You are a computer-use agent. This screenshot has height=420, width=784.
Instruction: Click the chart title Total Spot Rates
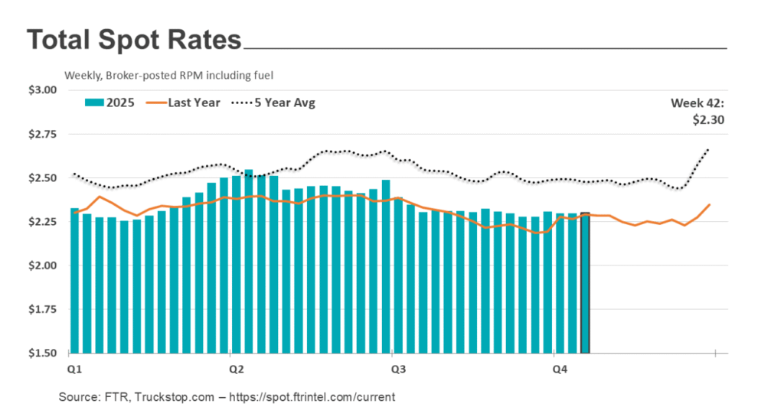point(134,40)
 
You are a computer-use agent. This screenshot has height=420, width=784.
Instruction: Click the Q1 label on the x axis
point(75,370)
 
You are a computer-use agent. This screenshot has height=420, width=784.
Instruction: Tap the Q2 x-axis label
point(237,370)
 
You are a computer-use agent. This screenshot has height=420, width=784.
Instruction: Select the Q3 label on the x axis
point(398,370)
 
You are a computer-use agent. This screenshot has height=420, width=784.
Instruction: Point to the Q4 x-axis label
point(560,370)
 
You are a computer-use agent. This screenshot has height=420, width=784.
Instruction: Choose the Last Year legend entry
point(194,103)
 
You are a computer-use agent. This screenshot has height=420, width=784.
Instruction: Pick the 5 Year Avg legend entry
point(285,103)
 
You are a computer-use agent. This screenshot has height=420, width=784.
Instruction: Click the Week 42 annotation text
point(697,103)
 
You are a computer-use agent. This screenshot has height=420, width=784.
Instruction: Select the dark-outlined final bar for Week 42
point(585,283)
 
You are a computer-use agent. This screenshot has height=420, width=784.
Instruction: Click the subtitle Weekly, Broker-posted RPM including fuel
point(169,75)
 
